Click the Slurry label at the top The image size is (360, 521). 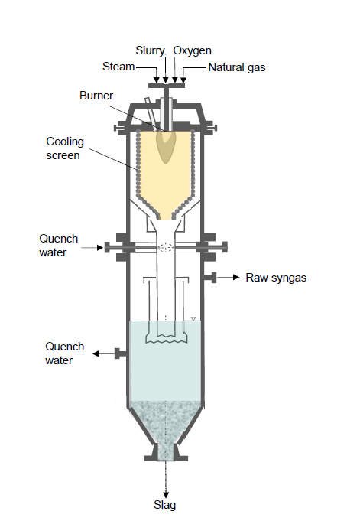[150, 50]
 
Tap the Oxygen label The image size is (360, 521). [193, 50]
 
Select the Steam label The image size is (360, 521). [118, 67]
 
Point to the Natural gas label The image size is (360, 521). [237, 67]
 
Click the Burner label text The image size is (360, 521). [96, 96]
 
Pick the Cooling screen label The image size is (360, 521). [65, 148]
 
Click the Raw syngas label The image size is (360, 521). [276, 278]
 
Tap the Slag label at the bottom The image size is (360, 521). [165, 505]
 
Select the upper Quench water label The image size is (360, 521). [58, 246]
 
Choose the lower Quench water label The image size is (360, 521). [64, 353]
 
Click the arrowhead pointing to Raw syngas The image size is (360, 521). [236, 277]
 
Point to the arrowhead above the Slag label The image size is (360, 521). [166, 495]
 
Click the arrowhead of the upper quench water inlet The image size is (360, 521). [99, 248]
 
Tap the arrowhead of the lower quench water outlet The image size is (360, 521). [96, 353]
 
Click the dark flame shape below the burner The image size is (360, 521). [166, 147]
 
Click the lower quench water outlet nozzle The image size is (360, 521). [120, 353]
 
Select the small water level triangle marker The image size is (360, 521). [193, 319]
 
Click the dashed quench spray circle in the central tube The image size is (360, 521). [166, 247]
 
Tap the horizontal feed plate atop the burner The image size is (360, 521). [167, 86]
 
